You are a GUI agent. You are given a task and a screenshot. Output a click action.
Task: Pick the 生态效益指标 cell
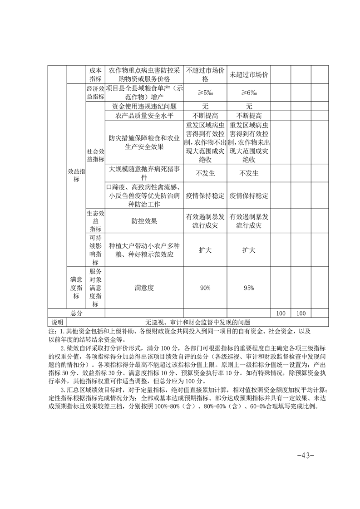tap(95, 220)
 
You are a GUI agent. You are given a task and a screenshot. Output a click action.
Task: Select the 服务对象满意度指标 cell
tap(95, 288)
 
